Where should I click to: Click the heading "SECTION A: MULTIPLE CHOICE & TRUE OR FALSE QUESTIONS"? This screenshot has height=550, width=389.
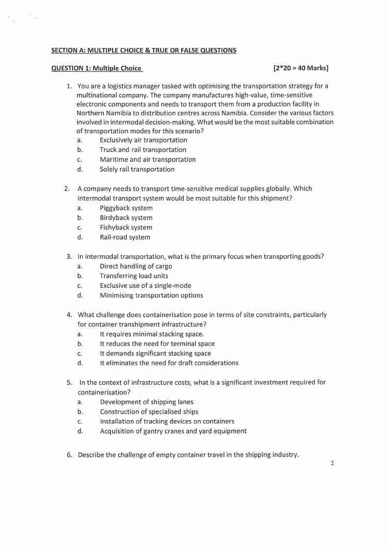click(x=144, y=50)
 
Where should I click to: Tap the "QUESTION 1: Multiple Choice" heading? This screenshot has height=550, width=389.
click(x=97, y=68)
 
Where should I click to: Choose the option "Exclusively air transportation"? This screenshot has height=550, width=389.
click(x=143, y=140)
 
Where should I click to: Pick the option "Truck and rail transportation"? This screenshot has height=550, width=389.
click(x=143, y=150)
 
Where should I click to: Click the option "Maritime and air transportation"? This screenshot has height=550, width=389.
click(x=147, y=160)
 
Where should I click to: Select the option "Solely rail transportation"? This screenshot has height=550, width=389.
click(x=137, y=170)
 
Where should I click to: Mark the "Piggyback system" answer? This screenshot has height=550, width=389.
click(x=126, y=208)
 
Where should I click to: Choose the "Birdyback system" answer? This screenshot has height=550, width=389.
click(x=126, y=218)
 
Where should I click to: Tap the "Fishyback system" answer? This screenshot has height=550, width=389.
click(x=126, y=227)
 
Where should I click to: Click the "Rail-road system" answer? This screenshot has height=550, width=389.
click(x=125, y=237)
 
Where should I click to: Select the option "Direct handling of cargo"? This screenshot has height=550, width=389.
click(x=136, y=266)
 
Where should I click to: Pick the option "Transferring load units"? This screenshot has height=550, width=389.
click(x=134, y=276)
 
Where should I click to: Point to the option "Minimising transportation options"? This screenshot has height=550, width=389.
click(x=151, y=296)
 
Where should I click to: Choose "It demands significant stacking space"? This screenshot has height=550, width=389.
click(x=155, y=353)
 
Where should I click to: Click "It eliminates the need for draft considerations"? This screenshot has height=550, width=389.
click(x=169, y=363)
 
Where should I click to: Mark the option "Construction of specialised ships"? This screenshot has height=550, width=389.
click(x=149, y=412)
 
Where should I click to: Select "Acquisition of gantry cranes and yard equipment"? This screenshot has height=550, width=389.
click(x=173, y=431)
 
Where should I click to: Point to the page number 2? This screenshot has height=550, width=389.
click(x=332, y=463)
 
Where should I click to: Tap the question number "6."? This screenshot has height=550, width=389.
click(x=70, y=455)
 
